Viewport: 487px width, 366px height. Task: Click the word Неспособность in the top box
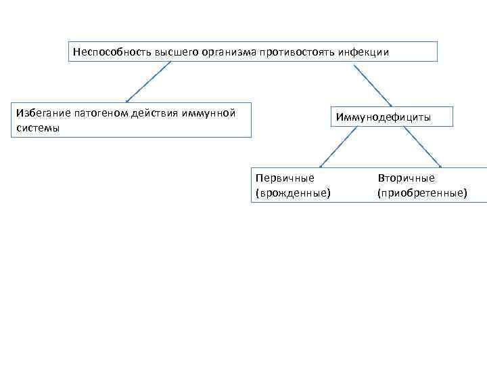pos(103,52)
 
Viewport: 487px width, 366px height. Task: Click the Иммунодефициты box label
pos(383,118)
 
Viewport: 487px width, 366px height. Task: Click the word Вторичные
pos(407,178)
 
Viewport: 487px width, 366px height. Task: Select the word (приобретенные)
pos(422,193)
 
